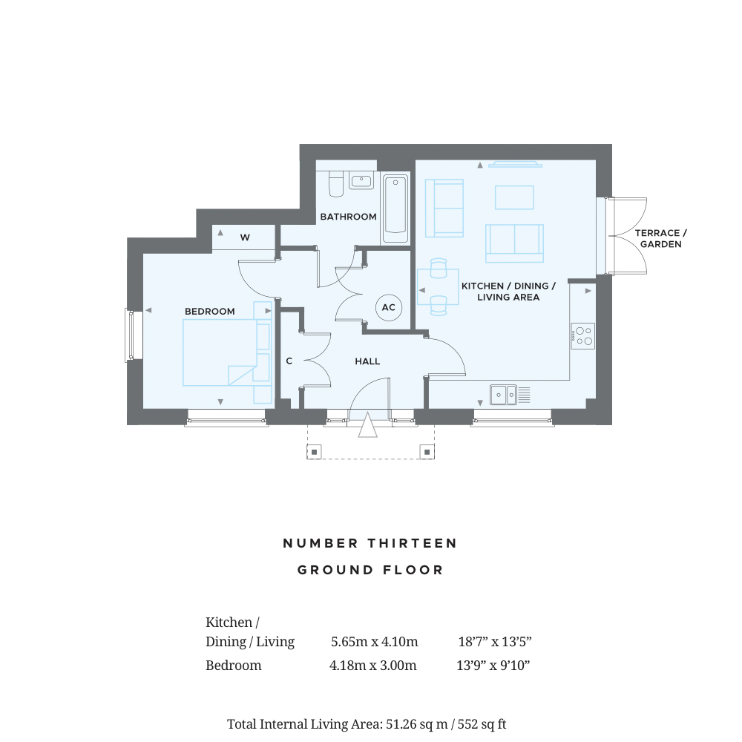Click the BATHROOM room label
348,217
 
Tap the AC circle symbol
389,308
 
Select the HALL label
367,361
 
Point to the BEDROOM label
210,312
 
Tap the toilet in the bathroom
336,183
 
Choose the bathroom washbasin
361,180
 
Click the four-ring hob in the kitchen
582,336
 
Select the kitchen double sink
503,395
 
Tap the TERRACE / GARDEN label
660,238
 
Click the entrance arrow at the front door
368,424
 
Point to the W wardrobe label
245,237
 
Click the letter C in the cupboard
289,361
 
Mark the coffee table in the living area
514,197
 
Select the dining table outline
438,286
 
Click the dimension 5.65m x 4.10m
374,642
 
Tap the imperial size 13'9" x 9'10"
493,666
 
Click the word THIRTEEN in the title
413,543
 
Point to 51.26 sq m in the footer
417,724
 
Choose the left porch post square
314,452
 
